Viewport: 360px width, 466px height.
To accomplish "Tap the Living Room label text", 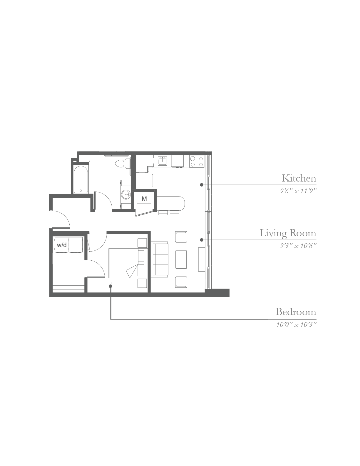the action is [288, 233].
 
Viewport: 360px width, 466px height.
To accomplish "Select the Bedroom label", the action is [296, 312].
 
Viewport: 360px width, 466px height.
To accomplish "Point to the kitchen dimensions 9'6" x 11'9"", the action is [298, 191].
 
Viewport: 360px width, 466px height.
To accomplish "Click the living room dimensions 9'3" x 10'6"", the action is [298, 246].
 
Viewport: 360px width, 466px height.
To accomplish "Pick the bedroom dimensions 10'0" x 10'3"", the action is [297, 325].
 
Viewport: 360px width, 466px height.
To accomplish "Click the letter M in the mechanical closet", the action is [144, 199].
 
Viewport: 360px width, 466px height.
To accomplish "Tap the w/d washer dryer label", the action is [62, 245].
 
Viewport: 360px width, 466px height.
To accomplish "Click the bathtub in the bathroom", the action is [81, 179].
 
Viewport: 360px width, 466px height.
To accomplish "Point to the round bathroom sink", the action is [126, 194].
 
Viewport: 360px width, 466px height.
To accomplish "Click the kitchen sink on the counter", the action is [163, 161].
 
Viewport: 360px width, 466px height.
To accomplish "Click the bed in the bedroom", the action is [128, 263].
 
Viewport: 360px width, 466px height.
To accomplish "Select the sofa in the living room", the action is [160, 259].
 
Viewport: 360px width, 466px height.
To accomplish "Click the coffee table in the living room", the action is [181, 259].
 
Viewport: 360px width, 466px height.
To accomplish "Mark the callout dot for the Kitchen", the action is [202, 185].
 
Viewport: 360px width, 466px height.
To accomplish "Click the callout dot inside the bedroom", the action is [110, 286].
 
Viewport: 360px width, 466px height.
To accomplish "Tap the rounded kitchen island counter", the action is [171, 203].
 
